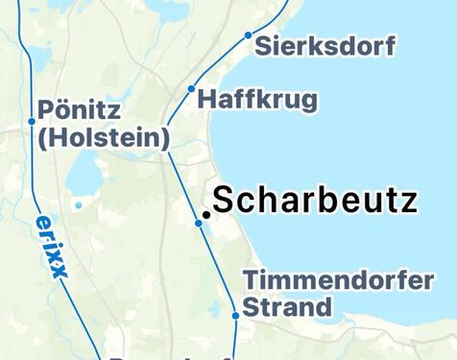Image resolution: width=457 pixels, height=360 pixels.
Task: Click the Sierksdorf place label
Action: point(325,45)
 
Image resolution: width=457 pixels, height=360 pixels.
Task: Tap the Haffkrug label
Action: point(256,99)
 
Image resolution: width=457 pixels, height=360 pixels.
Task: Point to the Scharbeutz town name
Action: point(315,201)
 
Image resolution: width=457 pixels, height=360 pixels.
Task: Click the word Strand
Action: point(286,307)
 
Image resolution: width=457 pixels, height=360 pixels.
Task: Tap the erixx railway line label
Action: point(51,246)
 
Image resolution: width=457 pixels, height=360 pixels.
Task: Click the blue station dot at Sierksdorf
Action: point(248,36)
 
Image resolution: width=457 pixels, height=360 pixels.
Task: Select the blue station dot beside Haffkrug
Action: point(191,89)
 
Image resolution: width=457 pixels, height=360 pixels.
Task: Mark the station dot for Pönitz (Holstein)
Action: point(32,121)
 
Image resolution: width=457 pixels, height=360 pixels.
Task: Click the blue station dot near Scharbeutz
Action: point(199,223)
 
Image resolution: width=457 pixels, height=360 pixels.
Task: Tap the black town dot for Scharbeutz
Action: point(205,215)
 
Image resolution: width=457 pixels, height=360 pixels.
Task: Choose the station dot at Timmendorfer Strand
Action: point(235,315)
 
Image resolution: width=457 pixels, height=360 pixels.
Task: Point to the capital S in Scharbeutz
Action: point(225,201)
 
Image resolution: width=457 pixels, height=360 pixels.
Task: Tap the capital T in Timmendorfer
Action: point(250,281)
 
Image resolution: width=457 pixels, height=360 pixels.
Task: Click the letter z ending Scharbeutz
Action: point(410,202)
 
